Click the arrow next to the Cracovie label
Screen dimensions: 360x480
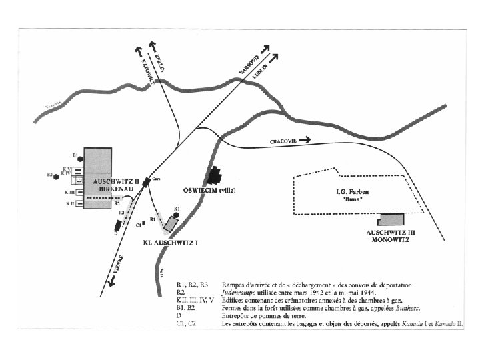pyautogui.click(x=305, y=140)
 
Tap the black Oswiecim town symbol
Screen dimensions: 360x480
pyautogui.click(x=215, y=177)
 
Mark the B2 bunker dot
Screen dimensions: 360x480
pyautogui.click(x=58, y=175)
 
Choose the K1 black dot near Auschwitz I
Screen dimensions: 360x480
pyautogui.click(x=176, y=215)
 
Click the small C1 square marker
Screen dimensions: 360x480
pyautogui.click(x=145, y=225)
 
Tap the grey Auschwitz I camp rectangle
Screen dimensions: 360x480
pyautogui.click(x=172, y=225)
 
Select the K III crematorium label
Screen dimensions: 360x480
pyautogui.click(x=69, y=192)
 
